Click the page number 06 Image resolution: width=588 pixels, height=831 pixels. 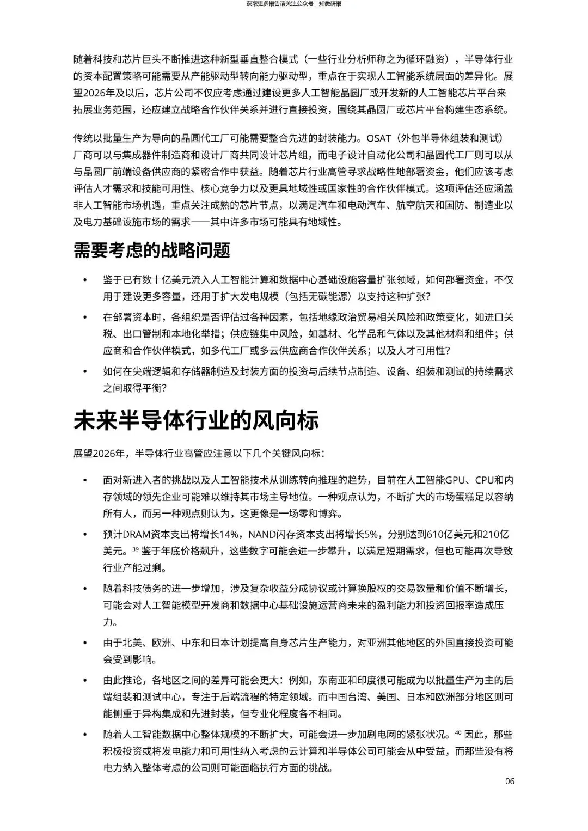tap(510, 781)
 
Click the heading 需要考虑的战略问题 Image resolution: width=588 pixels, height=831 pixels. tap(152, 250)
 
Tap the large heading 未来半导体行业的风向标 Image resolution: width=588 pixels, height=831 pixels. tap(196, 420)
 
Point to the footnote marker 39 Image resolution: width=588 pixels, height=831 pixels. tap(136, 549)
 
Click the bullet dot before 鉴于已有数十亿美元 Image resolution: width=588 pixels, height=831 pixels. tap(84, 280)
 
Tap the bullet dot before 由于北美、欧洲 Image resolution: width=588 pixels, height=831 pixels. tap(84, 643)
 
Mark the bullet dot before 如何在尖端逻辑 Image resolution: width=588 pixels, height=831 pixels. tap(84, 372)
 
